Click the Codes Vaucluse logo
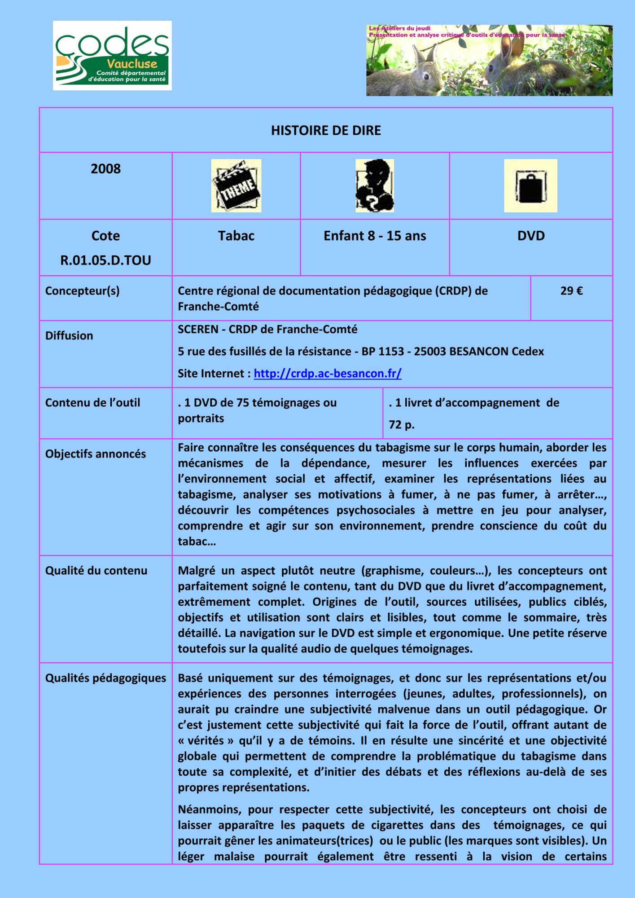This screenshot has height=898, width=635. point(112,56)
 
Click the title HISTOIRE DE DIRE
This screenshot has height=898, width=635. point(326,131)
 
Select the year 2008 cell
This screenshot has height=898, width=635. point(105,169)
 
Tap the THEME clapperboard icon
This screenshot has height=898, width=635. point(236,185)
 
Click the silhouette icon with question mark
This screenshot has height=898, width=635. point(375,185)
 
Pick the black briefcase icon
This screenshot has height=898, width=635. point(530,185)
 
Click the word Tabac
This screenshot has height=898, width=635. point(236,236)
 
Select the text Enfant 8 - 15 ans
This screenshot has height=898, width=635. point(375,236)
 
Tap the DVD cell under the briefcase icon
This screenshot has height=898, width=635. point(530,236)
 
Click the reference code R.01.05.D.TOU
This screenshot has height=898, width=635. point(105,260)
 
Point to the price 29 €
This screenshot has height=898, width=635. point(571,291)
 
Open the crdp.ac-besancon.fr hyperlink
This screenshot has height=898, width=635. point(328,374)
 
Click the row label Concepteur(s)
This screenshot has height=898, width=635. point(83,291)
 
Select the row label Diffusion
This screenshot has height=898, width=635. point(69,335)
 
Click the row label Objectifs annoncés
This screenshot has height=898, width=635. point(96,454)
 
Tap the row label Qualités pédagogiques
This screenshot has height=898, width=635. point(105,678)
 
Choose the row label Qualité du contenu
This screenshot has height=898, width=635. point(96,571)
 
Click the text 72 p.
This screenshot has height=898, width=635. point(402,425)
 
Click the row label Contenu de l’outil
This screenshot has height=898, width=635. point(92,403)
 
